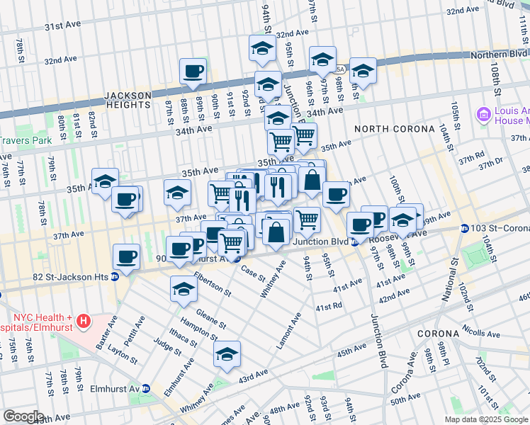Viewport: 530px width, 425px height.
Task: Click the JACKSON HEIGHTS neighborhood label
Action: coord(128,100)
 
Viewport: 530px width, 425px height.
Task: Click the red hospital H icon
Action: coord(84,322)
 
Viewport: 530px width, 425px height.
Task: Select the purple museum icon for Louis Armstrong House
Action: coord(485,114)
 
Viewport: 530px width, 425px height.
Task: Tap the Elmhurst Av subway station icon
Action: coord(146,388)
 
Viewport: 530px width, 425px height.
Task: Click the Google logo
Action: coord(23,416)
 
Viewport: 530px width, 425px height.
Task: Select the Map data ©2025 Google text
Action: coord(486,419)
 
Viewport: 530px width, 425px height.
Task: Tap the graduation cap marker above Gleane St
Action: coord(184,288)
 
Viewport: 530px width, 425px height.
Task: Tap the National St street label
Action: coord(447,273)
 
